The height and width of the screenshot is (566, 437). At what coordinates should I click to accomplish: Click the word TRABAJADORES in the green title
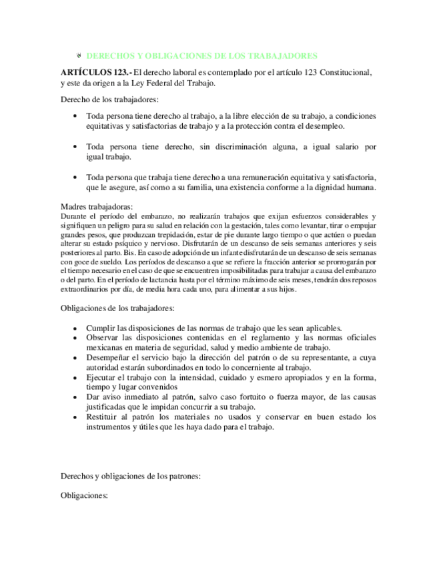[x=286, y=56]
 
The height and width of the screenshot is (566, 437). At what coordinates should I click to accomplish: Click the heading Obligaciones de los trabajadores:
[x=117, y=309]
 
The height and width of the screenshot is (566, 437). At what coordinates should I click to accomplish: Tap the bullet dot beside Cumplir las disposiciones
[x=79, y=328]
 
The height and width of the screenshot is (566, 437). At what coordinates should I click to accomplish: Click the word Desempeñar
[x=111, y=358]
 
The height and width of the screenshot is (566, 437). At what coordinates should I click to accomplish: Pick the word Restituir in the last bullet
[x=105, y=416]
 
